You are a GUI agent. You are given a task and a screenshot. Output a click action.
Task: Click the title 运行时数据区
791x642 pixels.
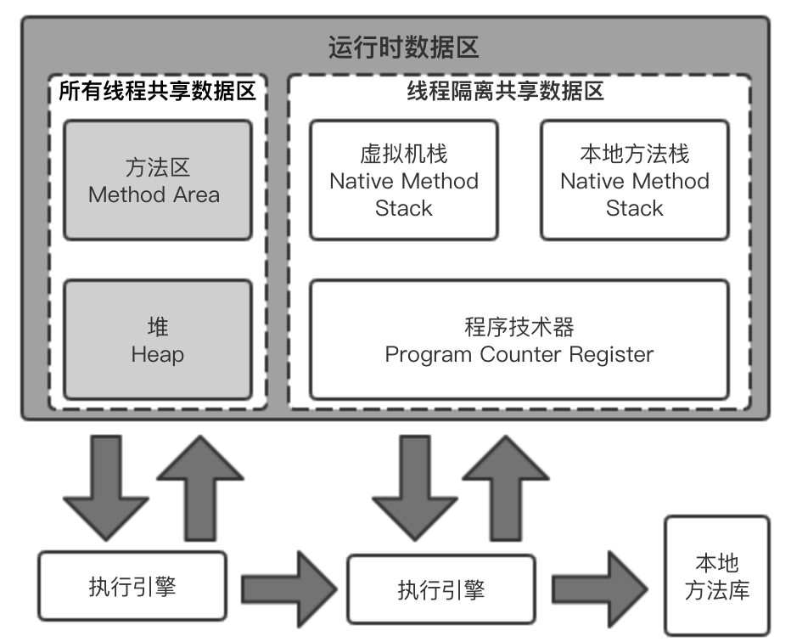click(x=403, y=47)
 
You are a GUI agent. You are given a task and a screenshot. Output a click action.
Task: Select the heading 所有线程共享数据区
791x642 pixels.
click(x=157, y=91)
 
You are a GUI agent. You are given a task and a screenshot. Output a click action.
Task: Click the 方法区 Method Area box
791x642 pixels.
click(x=158, y=179)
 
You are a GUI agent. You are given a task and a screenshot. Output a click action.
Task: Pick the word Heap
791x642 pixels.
click(x=158, y=354)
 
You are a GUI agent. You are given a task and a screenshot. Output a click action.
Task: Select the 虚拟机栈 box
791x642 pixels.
click(x=404, y=179)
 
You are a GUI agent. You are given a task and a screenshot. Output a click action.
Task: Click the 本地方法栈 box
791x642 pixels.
click(x=635, y=179)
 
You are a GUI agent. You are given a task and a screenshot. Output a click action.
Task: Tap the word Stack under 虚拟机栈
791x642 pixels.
click(x=404, y=209)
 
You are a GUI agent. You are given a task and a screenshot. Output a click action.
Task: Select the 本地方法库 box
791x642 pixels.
click(x=717, y=575)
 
